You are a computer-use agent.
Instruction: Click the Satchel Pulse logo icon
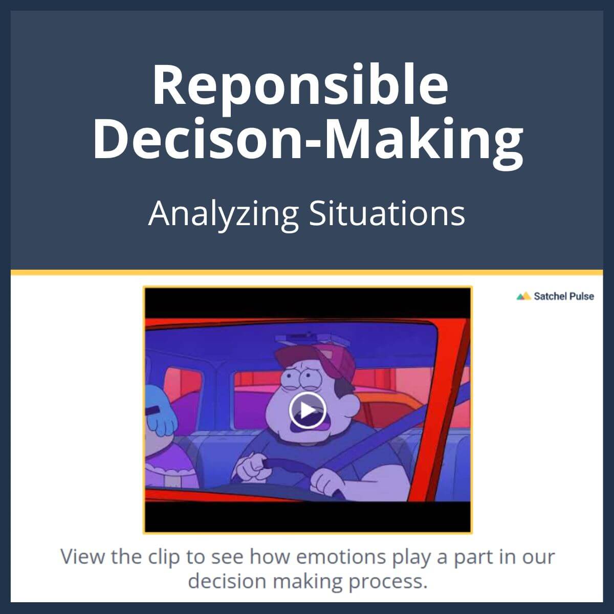(x=523, y=296)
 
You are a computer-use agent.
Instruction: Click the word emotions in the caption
(x=341, y=557)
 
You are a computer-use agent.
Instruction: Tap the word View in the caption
(x=83, y=557)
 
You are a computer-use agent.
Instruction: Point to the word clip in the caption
(x=164, y=557)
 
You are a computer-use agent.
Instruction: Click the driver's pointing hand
(x=252, y=463)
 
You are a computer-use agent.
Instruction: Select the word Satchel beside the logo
(x=549, y=296)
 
